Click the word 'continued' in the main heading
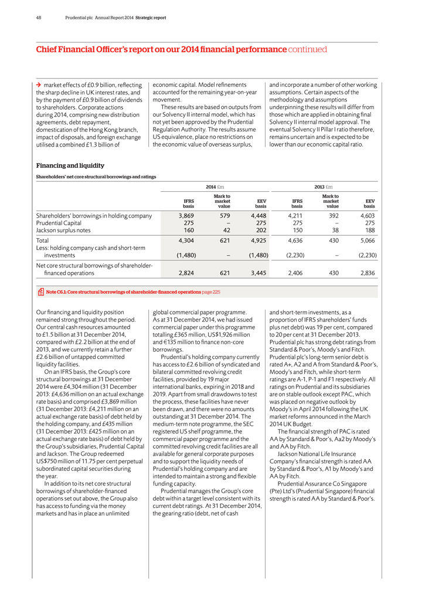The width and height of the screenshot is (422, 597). pos(307,50)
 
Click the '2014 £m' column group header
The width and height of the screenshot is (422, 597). pos(215,186)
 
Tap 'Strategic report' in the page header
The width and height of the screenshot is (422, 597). pos(151,17)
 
